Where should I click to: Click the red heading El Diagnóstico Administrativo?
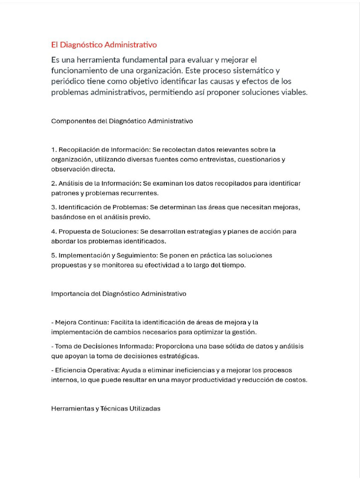(x=104, y=45)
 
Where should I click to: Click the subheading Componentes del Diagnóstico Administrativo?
(x=122, y=121)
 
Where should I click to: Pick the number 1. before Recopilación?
(x=54, y=150)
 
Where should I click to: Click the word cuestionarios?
(x=260, y=159)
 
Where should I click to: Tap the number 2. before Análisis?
(x=54, y=183)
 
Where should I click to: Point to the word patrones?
(x=64, y=193)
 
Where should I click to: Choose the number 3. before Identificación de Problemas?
(x=54, y=207)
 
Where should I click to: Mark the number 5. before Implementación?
(x=54, y=255)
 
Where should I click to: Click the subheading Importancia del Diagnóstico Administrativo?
(x=119, y=294)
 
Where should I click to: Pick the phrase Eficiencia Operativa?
(x=82, y=370)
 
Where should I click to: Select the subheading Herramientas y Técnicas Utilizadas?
(x=106, y=409)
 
